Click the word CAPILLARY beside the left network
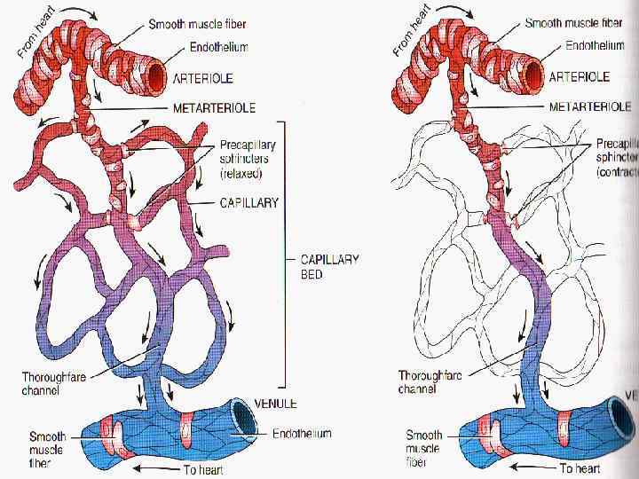click(248, 202)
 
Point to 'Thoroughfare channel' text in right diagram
click(430, 381)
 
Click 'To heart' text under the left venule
click(201, 469)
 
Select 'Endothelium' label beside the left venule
click(301, 434)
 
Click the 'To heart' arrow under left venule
click(154, 467)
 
